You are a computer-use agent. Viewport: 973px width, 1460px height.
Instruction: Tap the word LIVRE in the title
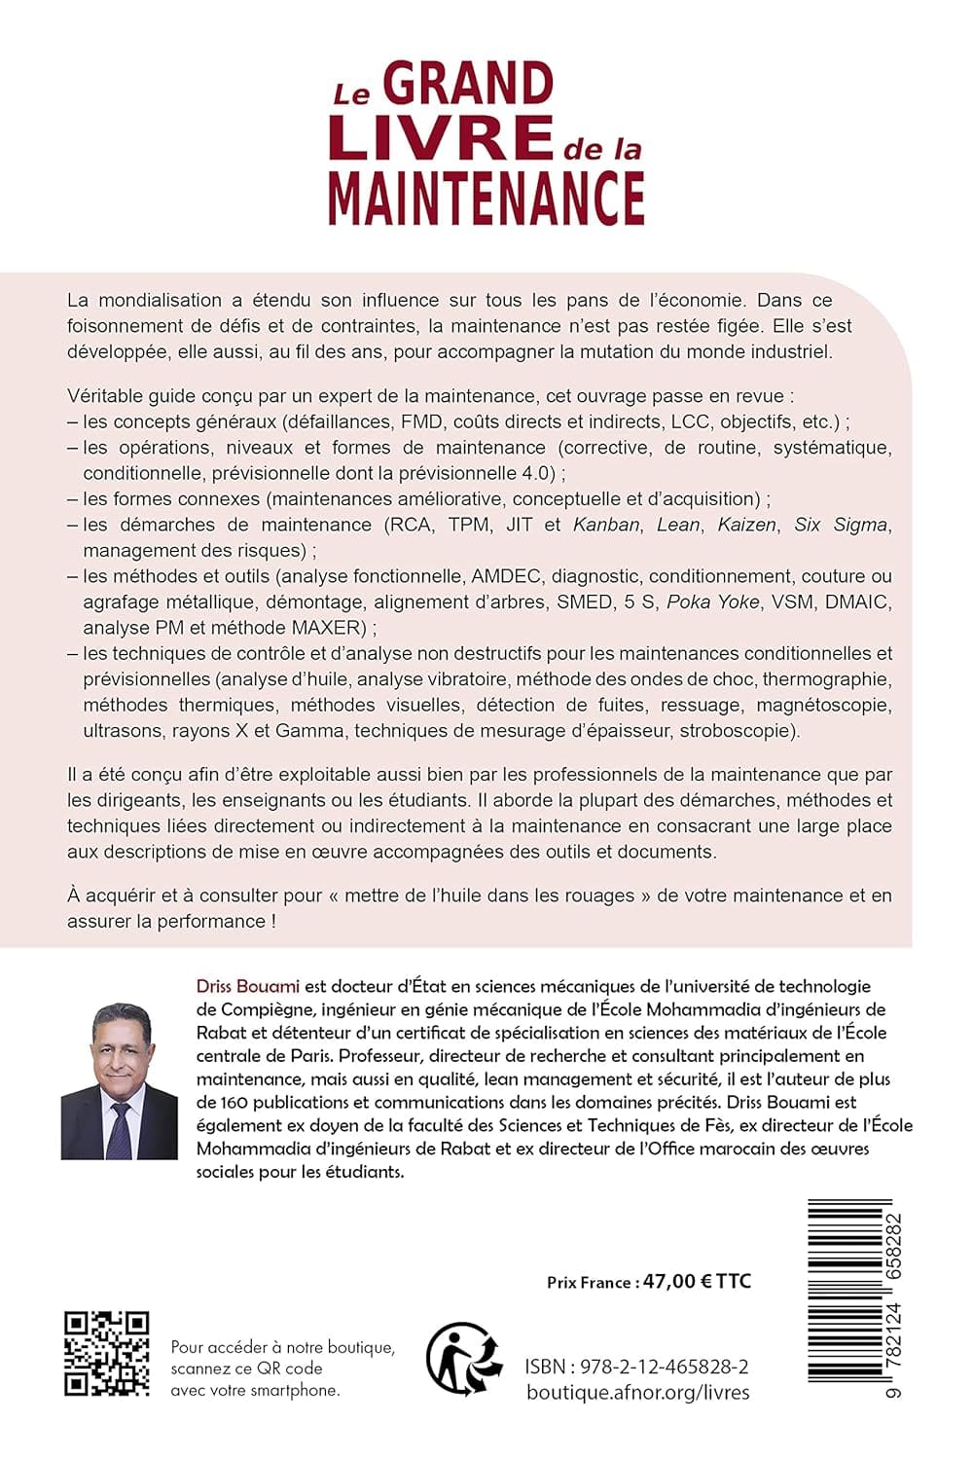(441, 137)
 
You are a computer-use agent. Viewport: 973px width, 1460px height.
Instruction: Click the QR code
(107, 1353)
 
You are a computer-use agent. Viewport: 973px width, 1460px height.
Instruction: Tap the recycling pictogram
(464, 1357)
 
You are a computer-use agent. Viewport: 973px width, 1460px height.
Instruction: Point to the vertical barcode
(848, 1299)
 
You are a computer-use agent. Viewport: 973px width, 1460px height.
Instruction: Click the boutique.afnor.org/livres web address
(637, 1393)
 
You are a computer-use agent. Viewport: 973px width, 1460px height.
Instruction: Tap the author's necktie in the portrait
(120, 1130)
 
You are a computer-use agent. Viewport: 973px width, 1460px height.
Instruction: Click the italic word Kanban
(606, 525)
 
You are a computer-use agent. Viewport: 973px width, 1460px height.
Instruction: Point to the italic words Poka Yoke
(712, 602)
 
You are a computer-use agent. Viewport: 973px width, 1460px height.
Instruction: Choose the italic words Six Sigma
(841, 525)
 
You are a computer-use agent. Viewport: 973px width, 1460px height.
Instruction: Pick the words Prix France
(589, 1282)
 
